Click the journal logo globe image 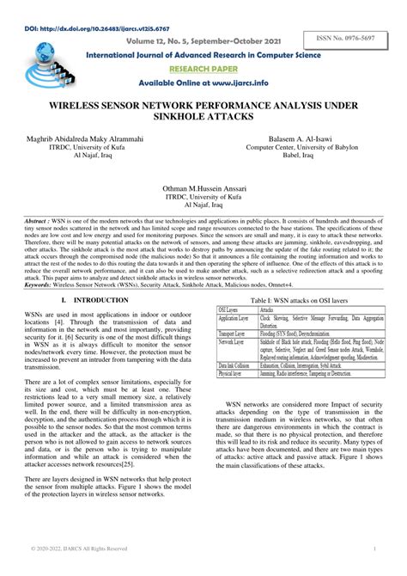(x=39, y=66)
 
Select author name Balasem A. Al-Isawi (x=307, y=138)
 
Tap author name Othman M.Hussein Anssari (x=203, y=187)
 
